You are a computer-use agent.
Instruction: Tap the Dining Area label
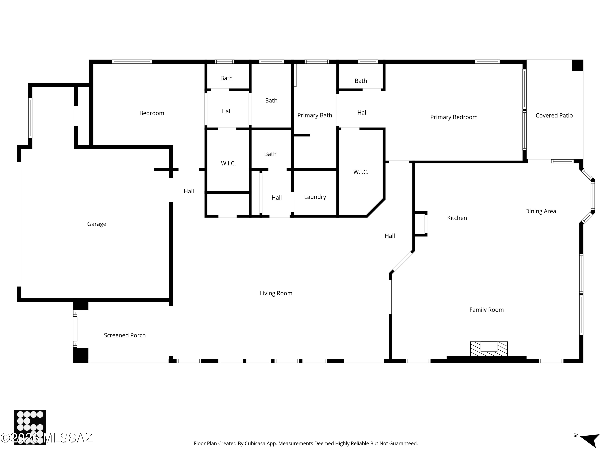(x=541, y=211)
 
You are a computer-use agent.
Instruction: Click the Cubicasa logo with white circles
(x=30, y=427)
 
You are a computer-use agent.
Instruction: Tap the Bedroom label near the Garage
(x=152, y=113)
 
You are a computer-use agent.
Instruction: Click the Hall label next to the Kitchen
(x=390, y=236)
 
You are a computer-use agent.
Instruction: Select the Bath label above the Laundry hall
(x=270, y=154)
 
